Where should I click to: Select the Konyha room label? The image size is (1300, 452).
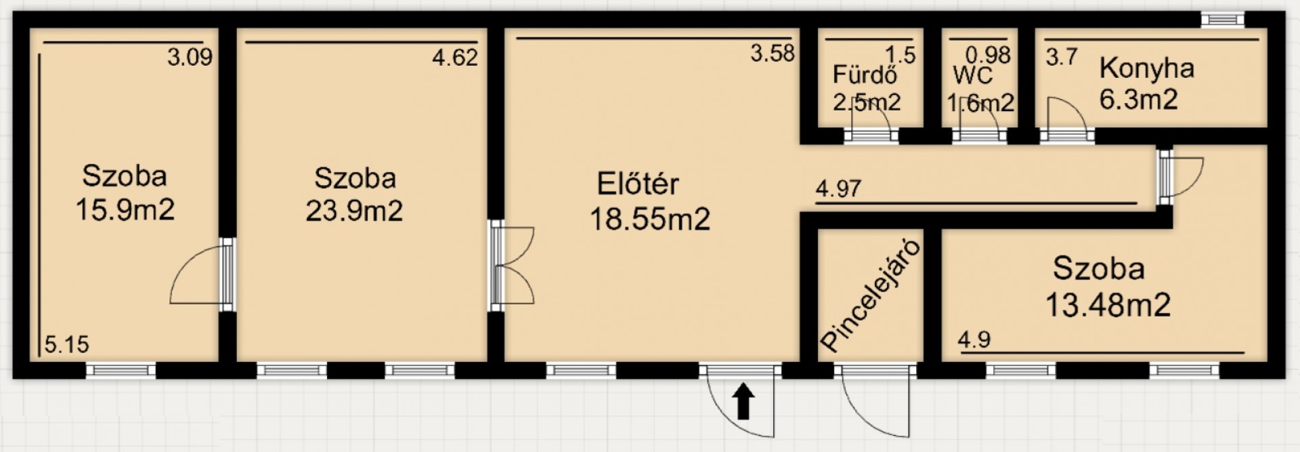click(x=1146, y=68)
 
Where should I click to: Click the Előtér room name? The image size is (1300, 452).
click(x=638, y=184)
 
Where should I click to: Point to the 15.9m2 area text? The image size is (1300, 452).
click(x=125, y=209)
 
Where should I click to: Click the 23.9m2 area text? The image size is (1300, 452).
click(x=354, y=211)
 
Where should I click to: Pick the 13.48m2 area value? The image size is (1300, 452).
click(x=1108, y=305)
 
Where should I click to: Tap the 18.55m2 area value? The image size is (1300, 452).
click(x=650, y=220)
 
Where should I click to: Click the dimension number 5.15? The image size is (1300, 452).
click(x=67, y=344)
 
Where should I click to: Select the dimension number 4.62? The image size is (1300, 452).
click(x=455, y=58)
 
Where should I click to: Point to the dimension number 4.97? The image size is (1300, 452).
click(x=839, y=188)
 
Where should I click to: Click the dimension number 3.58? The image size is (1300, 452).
click(x=773, y=53)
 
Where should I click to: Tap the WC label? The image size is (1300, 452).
click(x=973, y=75)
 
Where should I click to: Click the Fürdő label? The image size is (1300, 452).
click(x=865, y=75)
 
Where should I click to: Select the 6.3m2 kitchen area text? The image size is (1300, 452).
click(x=1139, y=100)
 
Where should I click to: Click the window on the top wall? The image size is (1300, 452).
click(x=1222, y=20)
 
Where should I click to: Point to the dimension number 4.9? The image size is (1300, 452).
click(x=974, y=340)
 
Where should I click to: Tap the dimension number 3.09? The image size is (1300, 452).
click(x=190, y=58)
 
